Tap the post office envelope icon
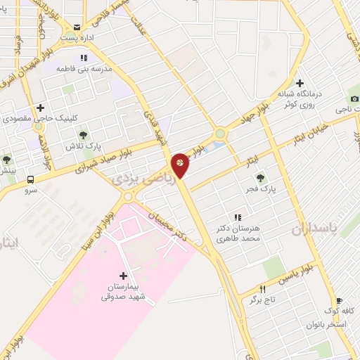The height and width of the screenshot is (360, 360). click(x=77, y=27)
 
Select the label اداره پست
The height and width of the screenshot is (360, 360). click(x=75, y=37)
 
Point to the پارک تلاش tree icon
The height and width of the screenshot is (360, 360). click(x=83, y=134)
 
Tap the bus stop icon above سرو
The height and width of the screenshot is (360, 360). click(x=30, y=179)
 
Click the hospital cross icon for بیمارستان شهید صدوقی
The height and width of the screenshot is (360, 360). click(x=124, y=276)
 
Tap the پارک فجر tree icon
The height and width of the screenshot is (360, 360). click(x=261, y=179)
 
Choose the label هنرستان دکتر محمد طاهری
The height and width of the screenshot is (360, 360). click(x=238, y=234)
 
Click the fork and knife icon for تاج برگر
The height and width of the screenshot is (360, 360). click(x=263, y=289)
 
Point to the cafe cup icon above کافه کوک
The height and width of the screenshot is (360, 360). click(x=339, y=300)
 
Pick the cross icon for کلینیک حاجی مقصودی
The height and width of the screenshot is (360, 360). click(x=40, y=108)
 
